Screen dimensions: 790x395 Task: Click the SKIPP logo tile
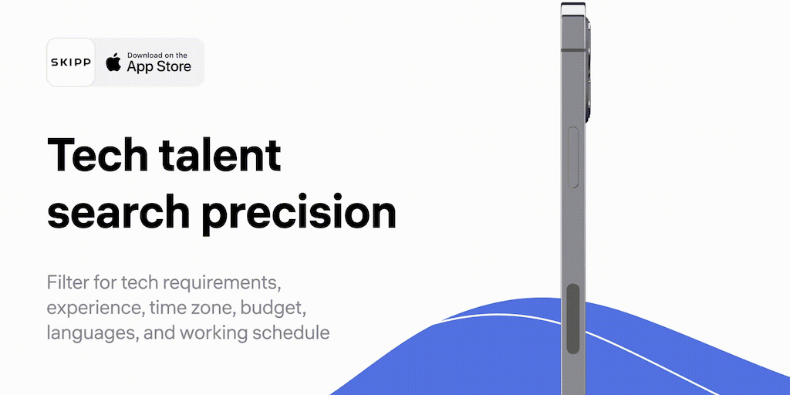pos(70,62)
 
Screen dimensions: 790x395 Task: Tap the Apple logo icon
pos(113,62)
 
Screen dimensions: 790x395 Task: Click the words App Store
pos(159,66)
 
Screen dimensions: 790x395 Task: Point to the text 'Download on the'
pos(157,55)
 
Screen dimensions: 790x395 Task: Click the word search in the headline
pos(118,211)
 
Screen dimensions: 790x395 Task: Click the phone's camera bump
pos(588,69)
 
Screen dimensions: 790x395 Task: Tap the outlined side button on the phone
pos(573,157)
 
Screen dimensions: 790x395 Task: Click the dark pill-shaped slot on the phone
pos(573,319)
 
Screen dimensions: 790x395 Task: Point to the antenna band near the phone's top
pos(573,50)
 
